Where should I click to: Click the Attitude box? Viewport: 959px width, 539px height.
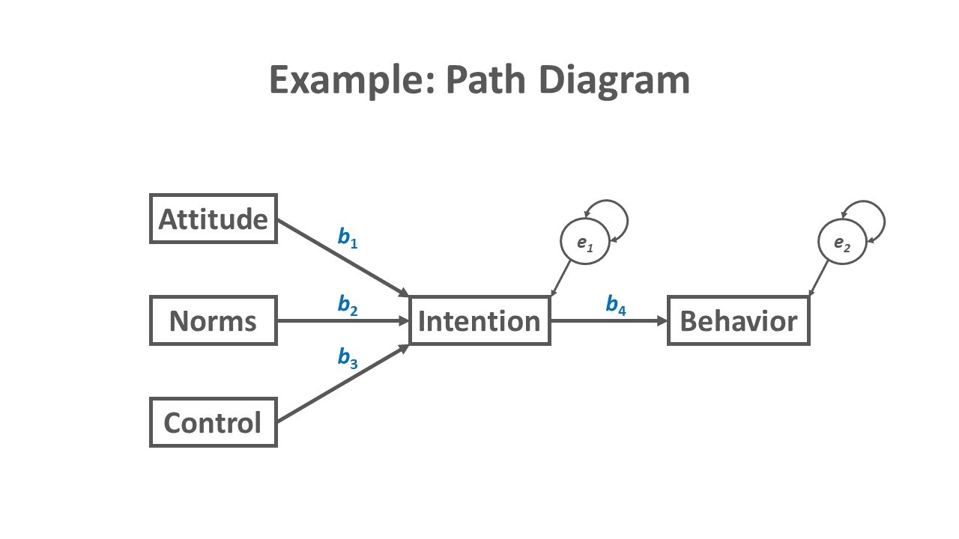point(214,219)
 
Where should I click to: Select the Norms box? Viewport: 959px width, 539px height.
point(214,320)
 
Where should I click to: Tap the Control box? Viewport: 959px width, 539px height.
point(214,422)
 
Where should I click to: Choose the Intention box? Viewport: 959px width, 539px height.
point(479,320)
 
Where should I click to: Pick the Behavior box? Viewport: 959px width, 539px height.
point(738,320)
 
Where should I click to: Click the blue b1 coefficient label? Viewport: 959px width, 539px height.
point(348,237)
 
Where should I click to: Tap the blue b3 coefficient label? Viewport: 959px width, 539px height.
point(348,358)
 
